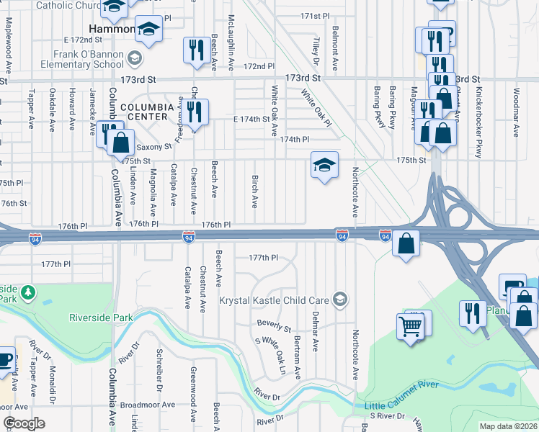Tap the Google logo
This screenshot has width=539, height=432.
click(24, 424)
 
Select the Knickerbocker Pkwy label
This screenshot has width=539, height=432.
click(478, 113)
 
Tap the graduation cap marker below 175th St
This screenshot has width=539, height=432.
click(324, 166)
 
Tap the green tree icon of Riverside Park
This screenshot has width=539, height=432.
click(28, 292)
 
